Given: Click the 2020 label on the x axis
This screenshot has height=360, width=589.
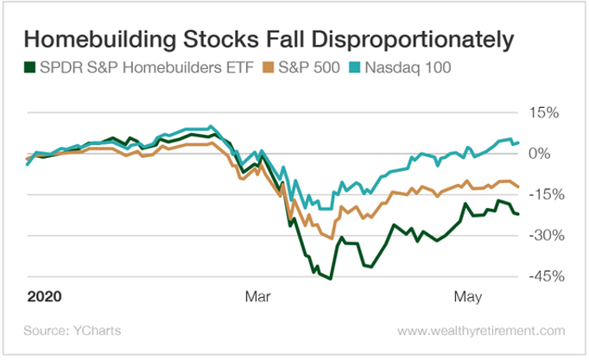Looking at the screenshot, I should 44,296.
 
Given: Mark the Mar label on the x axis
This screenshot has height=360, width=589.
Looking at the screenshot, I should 257,296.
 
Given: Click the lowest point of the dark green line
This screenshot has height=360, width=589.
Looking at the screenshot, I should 330,278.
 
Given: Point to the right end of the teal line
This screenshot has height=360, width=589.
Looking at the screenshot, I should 517,142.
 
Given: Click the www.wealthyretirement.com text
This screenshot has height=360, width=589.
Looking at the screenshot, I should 482,331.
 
